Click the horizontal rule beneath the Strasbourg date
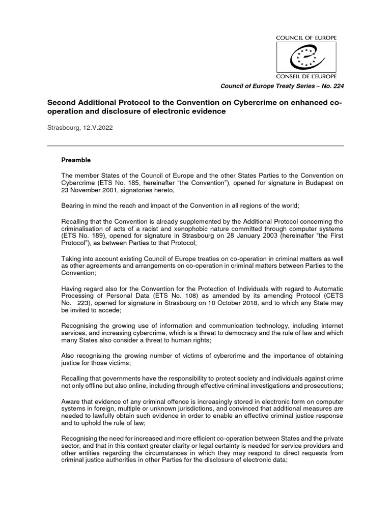tap(195, 146)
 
